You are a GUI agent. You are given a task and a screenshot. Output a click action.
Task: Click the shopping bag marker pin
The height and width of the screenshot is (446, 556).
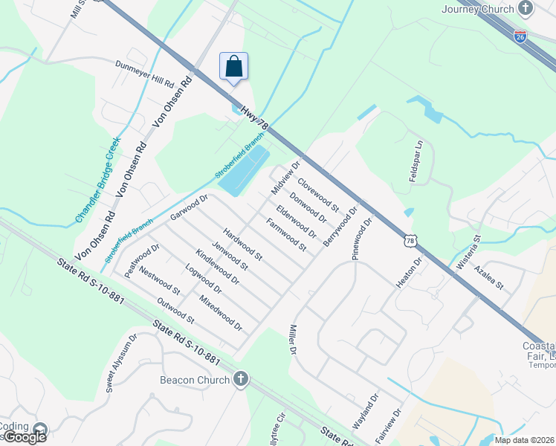click(x=234, y=66)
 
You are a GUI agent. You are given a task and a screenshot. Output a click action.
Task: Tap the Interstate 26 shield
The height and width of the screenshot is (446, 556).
click(x=521, y=36)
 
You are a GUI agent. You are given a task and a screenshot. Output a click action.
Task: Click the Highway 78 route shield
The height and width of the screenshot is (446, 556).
click(x=410, y=240)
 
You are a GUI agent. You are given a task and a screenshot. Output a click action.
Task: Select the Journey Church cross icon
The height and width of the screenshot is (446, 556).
click(x=526, y=9)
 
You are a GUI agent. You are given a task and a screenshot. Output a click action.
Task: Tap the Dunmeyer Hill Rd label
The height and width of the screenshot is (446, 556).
click(x=144, y=74)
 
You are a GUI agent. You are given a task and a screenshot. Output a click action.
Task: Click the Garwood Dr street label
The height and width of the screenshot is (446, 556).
click(x=187, y=207)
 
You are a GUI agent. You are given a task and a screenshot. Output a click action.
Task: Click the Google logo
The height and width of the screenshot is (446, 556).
click(x=25, y=437)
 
